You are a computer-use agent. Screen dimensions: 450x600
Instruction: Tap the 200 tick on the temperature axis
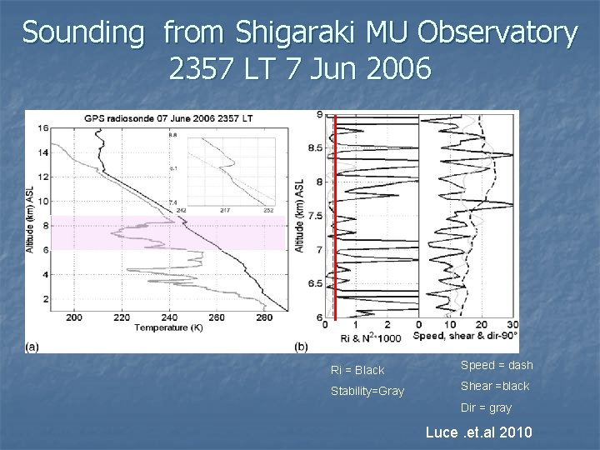pyautogui.click(x=73, y=318)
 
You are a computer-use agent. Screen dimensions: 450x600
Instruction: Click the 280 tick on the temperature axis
pyautogui.click(x=264, y=318)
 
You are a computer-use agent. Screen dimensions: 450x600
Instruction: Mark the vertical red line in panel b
pyautogui.click(x=335, y=217)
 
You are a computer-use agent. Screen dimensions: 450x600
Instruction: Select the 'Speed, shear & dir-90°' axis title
pyautogui.click(x=467, y=334)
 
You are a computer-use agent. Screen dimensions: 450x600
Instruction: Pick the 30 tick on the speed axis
pyautogui.click(x=513, y=324)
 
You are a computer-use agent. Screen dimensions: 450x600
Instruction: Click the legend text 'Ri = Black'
pyautogui.click(x=357, y=370)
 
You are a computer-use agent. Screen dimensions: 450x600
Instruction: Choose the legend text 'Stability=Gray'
pyautogui.click(x=367, y=391)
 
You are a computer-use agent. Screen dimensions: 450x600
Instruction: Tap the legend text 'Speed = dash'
pyautogui.click(x=496, y=365)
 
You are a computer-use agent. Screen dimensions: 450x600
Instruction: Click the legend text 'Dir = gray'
pyautogui.click(x=487, y=407)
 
